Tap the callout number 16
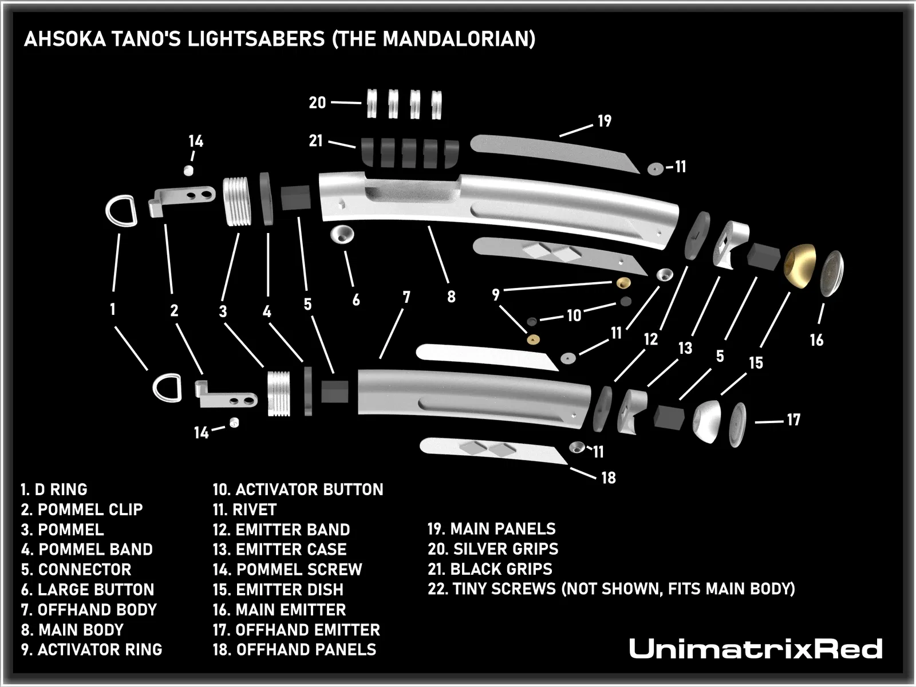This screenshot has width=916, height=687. pos(816,340)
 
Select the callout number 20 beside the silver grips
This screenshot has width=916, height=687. pos(317,103)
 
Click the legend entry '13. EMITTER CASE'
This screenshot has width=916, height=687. pos(279,550)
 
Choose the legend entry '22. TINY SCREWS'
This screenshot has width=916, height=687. pos(611,589)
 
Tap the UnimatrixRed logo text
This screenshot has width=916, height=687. pos(755,649)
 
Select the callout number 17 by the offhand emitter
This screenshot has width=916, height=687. pos(793,420)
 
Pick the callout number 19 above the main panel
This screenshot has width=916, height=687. pos(605,121)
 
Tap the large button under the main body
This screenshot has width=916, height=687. pos(342,235)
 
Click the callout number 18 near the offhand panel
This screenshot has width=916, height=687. pos(609,477)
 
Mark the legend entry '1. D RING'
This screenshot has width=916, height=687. pos(54,489)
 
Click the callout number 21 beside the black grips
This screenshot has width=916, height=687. pos(316,141)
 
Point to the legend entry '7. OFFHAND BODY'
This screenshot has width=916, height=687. pos(89,610)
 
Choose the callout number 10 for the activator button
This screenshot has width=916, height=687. pos(574,315)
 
